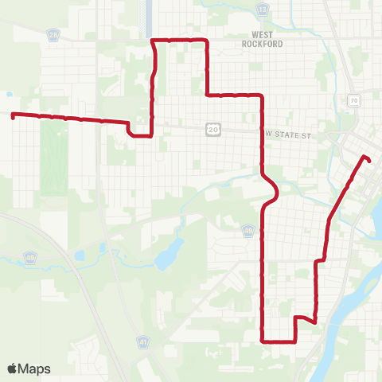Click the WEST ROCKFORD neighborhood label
click(262, 39)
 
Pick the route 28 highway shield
click(53, 37)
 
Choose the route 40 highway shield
click(249, 231)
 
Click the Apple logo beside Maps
click(13, 368)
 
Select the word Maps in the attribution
click(34, 368)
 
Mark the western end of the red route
click(13, 115)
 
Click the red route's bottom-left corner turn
click(263, 341)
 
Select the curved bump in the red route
click(275, 191)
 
